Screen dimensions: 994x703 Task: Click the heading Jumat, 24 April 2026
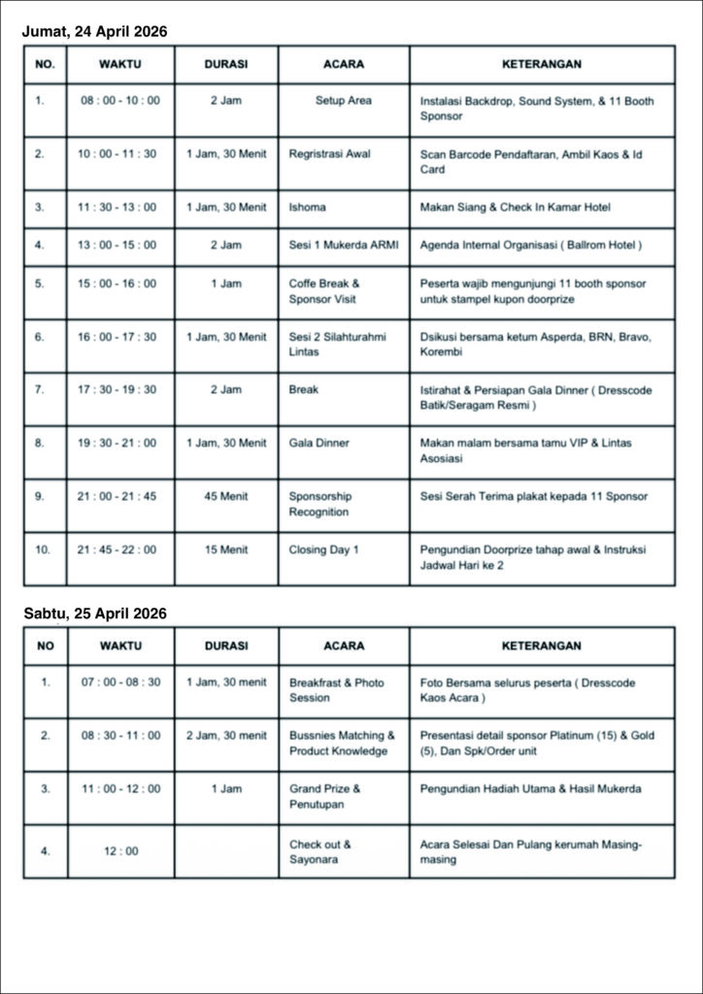click(x=94, y=32)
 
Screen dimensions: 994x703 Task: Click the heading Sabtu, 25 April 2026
click(x=94, y=613)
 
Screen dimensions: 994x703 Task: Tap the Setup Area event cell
click(x=343, y=100)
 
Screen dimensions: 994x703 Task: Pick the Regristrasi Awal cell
click(x=329, y=153)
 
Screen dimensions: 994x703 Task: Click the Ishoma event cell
click(x=308, y=207)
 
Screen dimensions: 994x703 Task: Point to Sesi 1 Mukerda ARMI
click(x=343, y=245)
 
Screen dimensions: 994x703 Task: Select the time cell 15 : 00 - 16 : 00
click(x=117, y=283)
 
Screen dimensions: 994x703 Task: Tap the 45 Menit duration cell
click(x=225, y=496)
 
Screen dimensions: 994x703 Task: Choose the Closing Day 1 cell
click(x=323, y=549)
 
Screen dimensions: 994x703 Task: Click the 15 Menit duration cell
click(x=225, y=549)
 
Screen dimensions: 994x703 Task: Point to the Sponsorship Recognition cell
click(x=319, y=504)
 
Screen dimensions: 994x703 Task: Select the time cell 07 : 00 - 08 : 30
click(x=120, y=682)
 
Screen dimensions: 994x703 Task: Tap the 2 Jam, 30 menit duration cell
click(x=225, y=736)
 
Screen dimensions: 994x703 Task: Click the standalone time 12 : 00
click(x=120, y=851)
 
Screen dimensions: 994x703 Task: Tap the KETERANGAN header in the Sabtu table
click(x=541, y=646)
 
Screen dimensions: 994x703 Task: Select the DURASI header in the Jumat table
click(x=225, y=64)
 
